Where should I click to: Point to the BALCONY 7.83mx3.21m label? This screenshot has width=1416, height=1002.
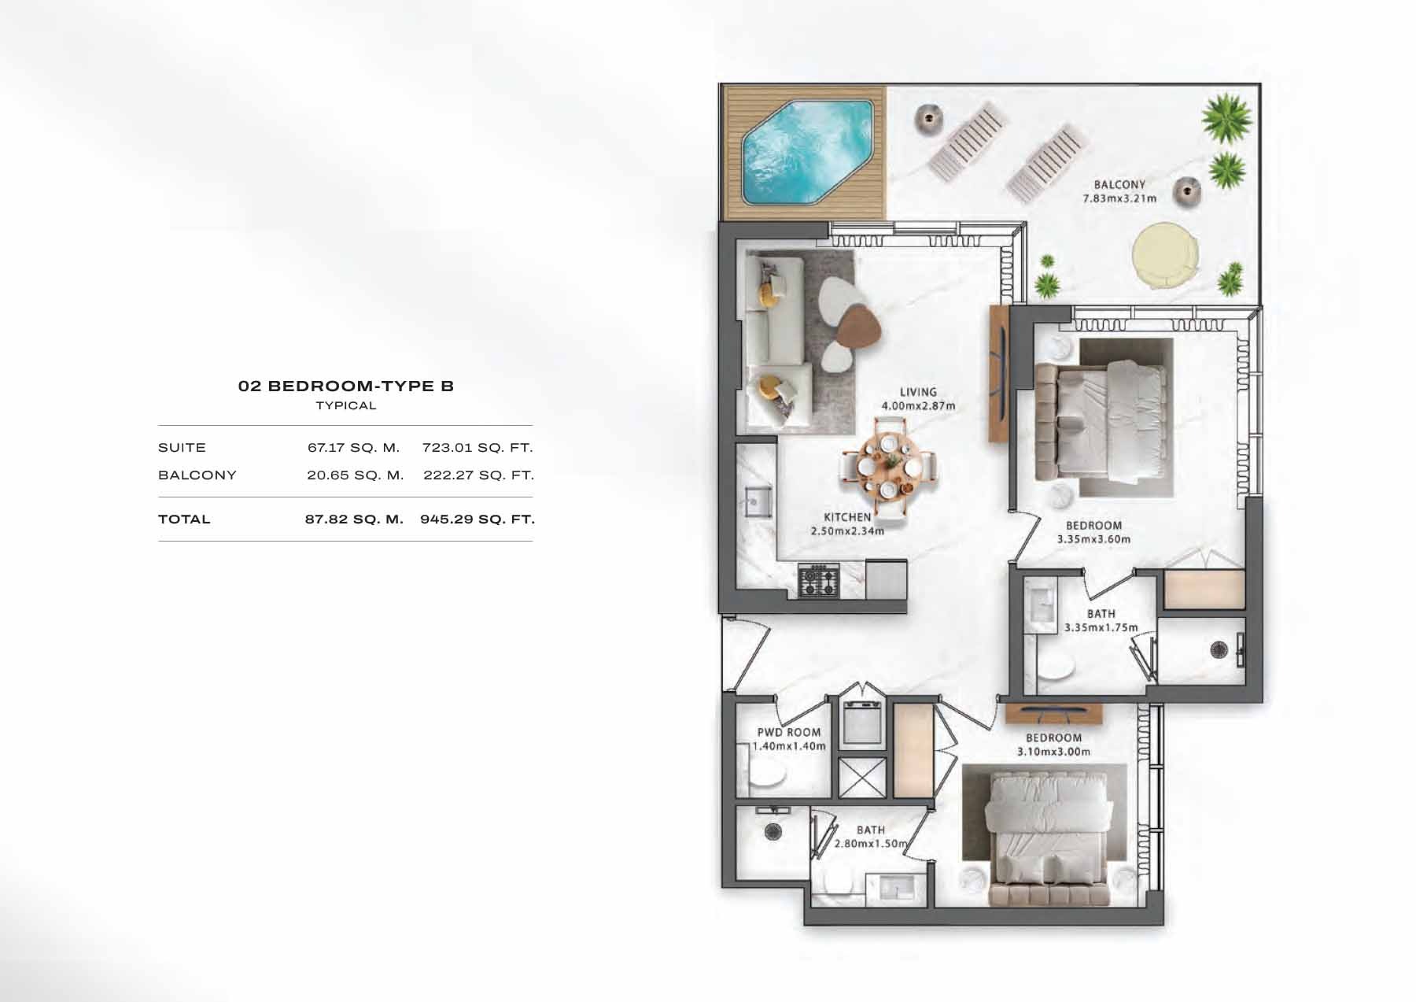1119,191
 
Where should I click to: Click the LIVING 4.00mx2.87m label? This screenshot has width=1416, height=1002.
918,398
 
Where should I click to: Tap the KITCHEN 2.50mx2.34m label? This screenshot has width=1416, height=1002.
847,523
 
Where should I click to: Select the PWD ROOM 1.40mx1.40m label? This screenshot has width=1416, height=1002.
788,738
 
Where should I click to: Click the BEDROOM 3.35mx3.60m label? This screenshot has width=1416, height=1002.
1093,532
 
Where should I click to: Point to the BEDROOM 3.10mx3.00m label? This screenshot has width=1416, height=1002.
1053,745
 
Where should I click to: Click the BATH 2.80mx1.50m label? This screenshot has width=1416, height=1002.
870,837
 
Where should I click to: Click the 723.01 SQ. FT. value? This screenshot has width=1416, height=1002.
478,448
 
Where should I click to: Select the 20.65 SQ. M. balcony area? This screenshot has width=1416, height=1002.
355,475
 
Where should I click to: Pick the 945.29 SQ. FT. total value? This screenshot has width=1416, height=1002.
478,519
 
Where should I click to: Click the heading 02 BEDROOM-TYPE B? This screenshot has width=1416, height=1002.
346,386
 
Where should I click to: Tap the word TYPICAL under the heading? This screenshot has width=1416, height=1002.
346,406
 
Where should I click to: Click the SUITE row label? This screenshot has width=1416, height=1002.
182,448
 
